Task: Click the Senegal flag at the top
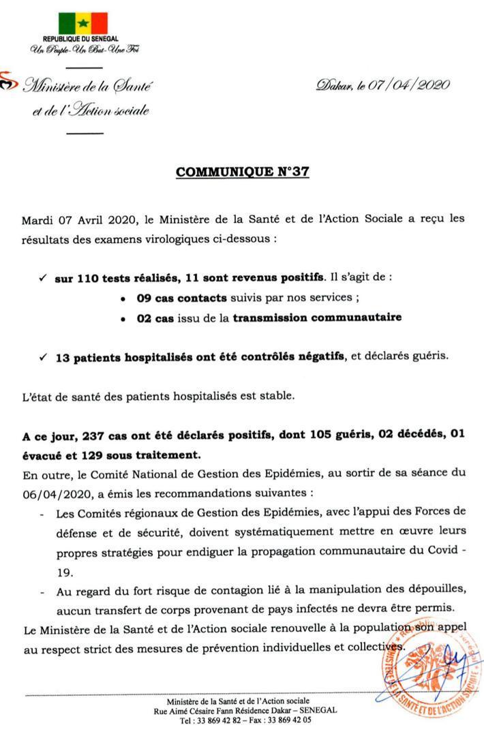pyautogui.click(x=82, y=22)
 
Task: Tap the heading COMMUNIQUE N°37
pyautogui.click(x=243, y=172)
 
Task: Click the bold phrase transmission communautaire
pyautogui.click(x=317, y=317)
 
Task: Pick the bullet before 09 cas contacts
pyautogui.click(x=122, y=298)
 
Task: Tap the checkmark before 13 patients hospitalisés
pyautogui.click(x=42, y=355)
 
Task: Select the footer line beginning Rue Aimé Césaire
pyautogui.click(x=245, y=710)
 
